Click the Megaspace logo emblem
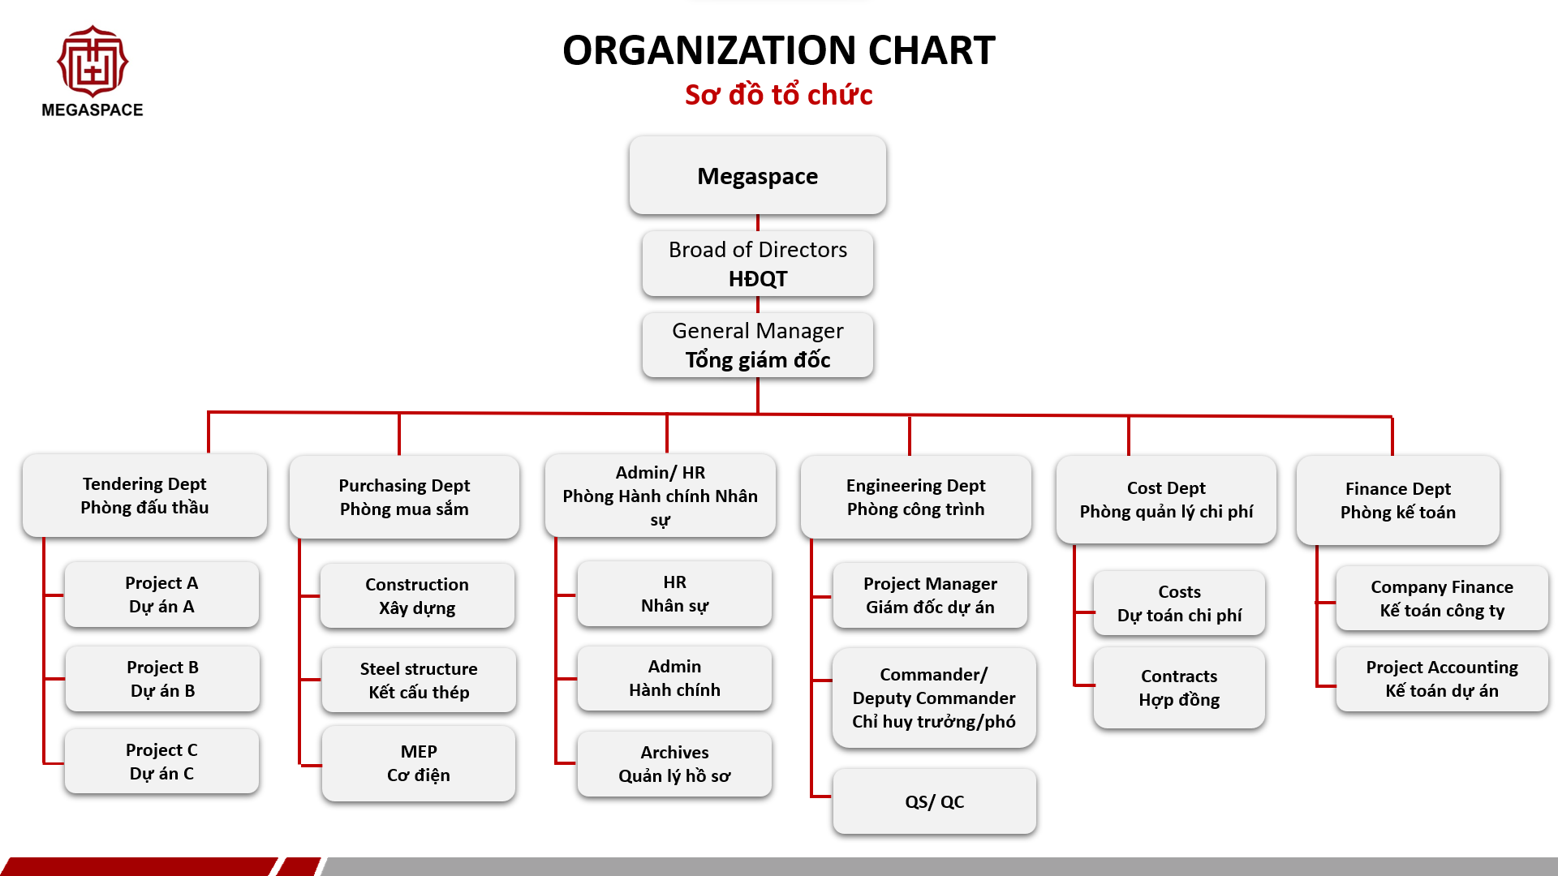coord(93,62)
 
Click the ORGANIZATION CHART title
coord(779,50)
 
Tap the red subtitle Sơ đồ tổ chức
coord(779,95)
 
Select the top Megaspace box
coord(758,175)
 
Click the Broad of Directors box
coord(758,264)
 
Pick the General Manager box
coord(758,345)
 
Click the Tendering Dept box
coord(144,495)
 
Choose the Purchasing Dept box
coord(404,496)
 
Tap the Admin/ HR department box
coord(661,496)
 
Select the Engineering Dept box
coord(916,496)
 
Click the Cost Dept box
coord(1166,500)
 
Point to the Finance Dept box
coord(1398,500)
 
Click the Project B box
coord(162,679)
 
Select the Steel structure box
coord(419,681)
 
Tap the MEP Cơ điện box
coord(419,763)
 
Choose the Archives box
coord(674,764)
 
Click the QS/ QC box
coord(935,801)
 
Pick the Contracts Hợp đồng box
coord(1179,688)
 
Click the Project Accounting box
coord(1442,679)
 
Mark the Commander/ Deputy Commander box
coord(934,698)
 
